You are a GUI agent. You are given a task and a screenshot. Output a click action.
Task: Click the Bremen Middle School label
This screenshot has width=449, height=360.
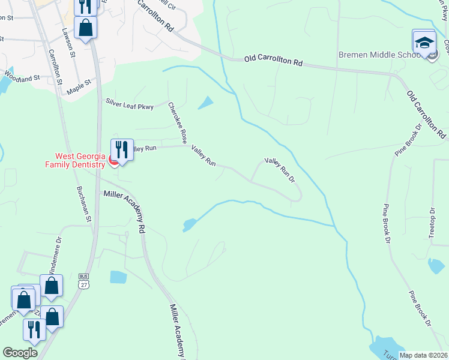[x=378, y=55]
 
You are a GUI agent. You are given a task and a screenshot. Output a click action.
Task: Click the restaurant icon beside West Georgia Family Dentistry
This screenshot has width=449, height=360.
[x=122, y=150]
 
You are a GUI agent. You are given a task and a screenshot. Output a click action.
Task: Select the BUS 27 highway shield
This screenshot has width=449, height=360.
[x=83, y=281]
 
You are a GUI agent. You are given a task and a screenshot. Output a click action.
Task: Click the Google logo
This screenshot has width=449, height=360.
[x=20, y=353]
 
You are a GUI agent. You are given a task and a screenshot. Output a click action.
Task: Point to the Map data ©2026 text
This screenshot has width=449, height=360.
[x=423, y=355]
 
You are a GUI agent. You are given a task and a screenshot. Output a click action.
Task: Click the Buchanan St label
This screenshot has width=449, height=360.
[x=84, y=203]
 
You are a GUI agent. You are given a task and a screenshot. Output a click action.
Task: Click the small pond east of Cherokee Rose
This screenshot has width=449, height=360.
[x=205, y=103]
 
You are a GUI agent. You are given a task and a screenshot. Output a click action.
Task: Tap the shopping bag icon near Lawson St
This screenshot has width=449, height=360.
[x=86, y=28]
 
